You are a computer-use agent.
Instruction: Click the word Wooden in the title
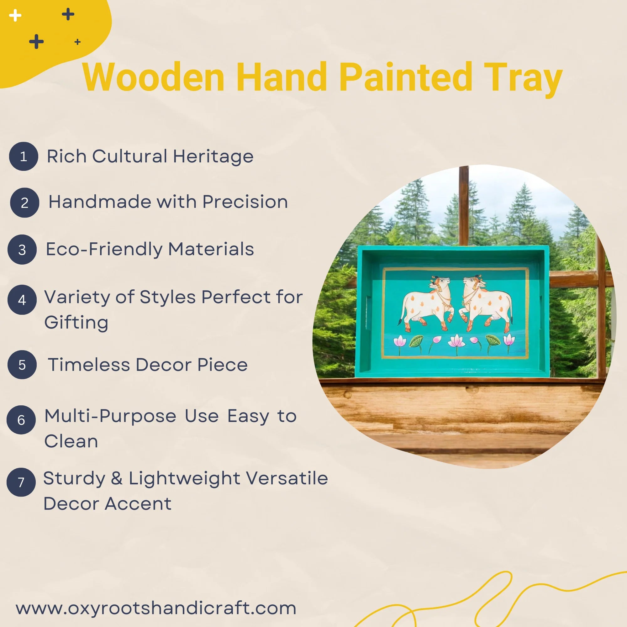point(153,77)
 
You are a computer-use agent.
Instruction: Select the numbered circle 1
point(24,156)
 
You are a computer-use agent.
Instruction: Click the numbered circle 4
point(22,299)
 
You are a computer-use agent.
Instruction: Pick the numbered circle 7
point(21,482)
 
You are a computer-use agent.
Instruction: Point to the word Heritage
point(213,156)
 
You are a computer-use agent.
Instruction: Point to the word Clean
point(71,441)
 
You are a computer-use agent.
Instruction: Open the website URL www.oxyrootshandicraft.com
point(156,608)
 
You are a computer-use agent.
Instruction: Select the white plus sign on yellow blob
point(15,15)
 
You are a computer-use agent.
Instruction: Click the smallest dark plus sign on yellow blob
point(77,42)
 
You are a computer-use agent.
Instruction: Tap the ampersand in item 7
point(117,478)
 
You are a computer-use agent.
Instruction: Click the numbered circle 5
point(22,365)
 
